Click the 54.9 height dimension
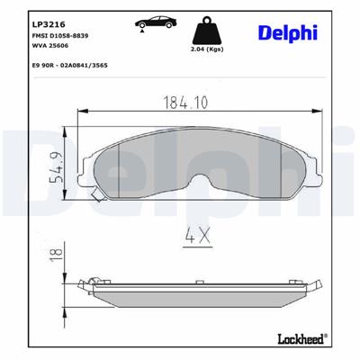tap(57, 168)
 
